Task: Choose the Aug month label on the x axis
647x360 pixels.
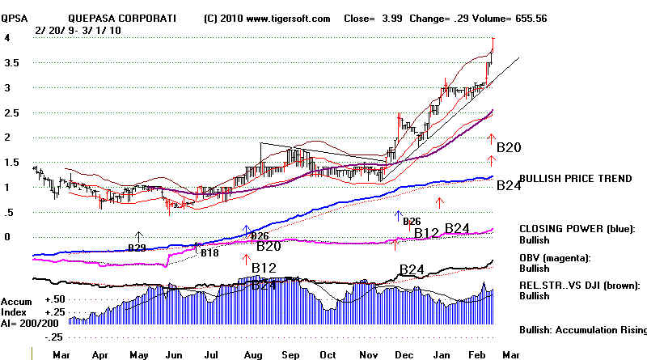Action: click(252, 354)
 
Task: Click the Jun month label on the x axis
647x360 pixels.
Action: click(173, 354)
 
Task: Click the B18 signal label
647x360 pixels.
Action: click(209, 253)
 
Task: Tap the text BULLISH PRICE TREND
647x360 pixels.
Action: click(574, 179)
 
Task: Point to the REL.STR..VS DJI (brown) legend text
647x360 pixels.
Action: click(581, 285)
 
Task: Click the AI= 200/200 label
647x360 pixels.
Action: click(32, 320)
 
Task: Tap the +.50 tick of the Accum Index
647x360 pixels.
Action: click(56, 299)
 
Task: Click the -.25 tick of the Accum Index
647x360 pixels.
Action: click(56, 337)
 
